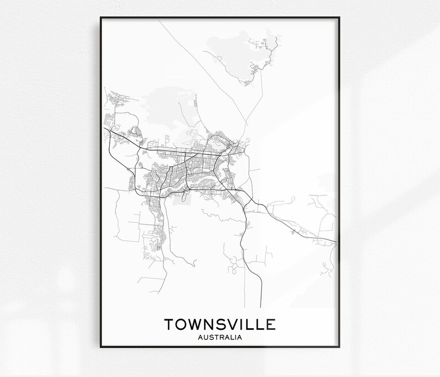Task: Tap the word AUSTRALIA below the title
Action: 220,336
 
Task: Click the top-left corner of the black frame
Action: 101,18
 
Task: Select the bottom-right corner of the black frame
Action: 340,348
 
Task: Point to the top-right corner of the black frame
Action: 340,18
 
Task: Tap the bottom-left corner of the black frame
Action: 101,348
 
